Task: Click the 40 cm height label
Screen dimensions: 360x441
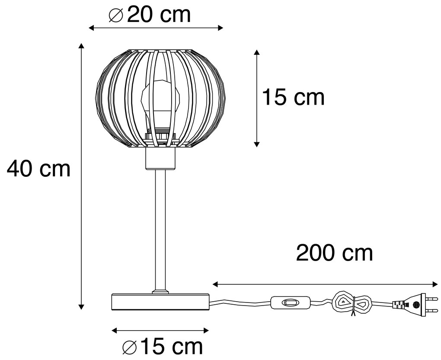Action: tap(38, 169)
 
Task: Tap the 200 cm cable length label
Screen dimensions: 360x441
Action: tap(334, 253)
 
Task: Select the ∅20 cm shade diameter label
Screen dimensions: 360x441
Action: tap(149, 15)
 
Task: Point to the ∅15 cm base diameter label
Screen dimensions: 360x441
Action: tap(162, 347)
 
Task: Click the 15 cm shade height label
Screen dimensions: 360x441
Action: tap(293, 97)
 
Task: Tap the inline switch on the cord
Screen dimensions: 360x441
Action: tap(289, 303)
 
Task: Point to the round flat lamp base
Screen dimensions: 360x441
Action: tap(160, 301)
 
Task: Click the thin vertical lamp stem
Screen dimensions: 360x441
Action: tap(160, 229)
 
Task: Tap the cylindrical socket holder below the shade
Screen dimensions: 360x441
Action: tap(160, 159)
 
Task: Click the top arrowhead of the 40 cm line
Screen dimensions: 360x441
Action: tap(81, 46)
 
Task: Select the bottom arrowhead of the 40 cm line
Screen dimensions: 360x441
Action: tap(81, 307)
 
